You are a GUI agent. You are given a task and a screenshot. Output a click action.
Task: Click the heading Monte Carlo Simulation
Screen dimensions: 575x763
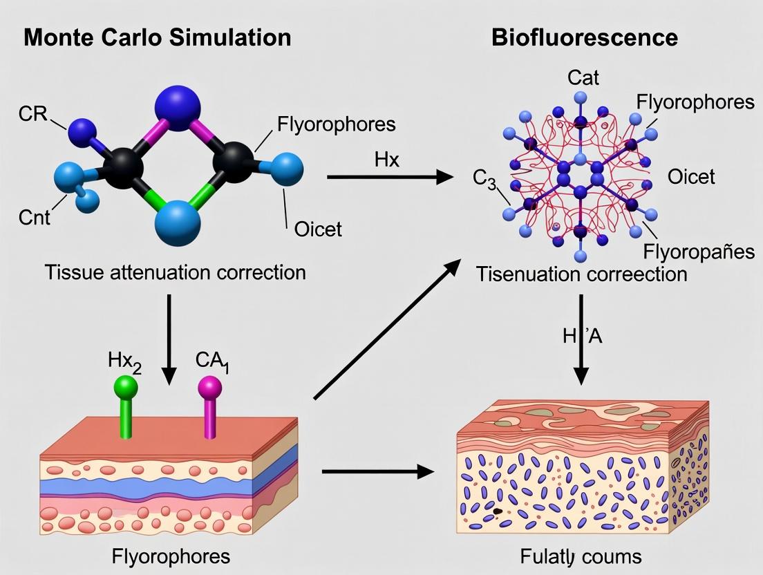pyautogui.click(x=157, y=37)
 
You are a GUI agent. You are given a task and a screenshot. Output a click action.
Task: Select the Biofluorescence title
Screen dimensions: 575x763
pyautogui.click(x=584, y=37)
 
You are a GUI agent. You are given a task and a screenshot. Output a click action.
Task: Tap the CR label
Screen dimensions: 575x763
pyautogui.click(x=32, y=114)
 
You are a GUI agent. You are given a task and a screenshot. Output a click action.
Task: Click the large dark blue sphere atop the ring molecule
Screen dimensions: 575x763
pyautogui.click(x=178, y=107)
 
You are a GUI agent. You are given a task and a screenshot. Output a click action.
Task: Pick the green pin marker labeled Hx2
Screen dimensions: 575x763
pyautogui.click(x=126, y=408)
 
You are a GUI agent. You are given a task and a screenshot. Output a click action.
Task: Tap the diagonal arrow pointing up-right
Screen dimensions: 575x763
pyautogui.click(x=388, y=328)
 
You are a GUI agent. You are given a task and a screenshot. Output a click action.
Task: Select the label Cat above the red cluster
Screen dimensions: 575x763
pyautogui.click(x=583, y=77)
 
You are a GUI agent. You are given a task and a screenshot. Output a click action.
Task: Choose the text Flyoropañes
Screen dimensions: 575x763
pyautogui.click(x=698, y=250)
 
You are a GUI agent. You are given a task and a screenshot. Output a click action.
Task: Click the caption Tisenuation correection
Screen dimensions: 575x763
pyautogui.click(x=581, y=274)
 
